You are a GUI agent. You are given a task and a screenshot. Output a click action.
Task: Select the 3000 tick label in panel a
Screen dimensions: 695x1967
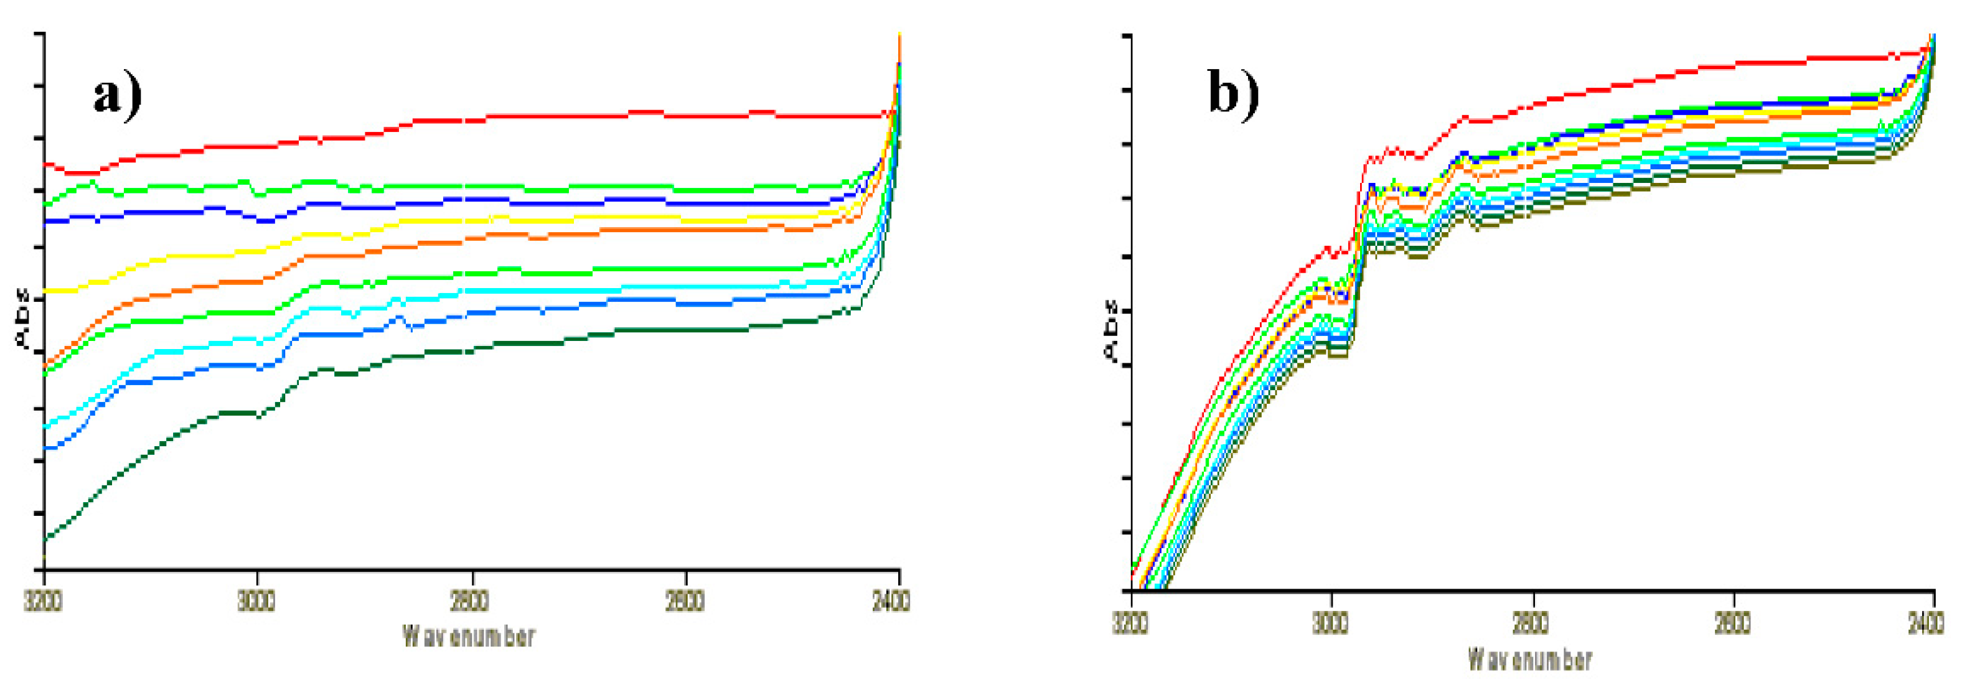click(256, 600)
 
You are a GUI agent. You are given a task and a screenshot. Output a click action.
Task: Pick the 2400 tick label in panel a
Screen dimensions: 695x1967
click(890, 600)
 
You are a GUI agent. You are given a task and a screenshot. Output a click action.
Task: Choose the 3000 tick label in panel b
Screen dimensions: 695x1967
click(1330, 623)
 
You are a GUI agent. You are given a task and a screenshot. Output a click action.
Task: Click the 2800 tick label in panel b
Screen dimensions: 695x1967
click(1531, 623)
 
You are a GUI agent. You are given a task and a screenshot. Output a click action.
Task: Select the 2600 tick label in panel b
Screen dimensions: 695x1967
click(1732, 623)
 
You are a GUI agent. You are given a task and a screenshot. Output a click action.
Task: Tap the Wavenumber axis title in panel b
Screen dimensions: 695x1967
click(1530, 658)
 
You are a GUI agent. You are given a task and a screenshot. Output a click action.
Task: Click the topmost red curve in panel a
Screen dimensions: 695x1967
click(535, 116)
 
